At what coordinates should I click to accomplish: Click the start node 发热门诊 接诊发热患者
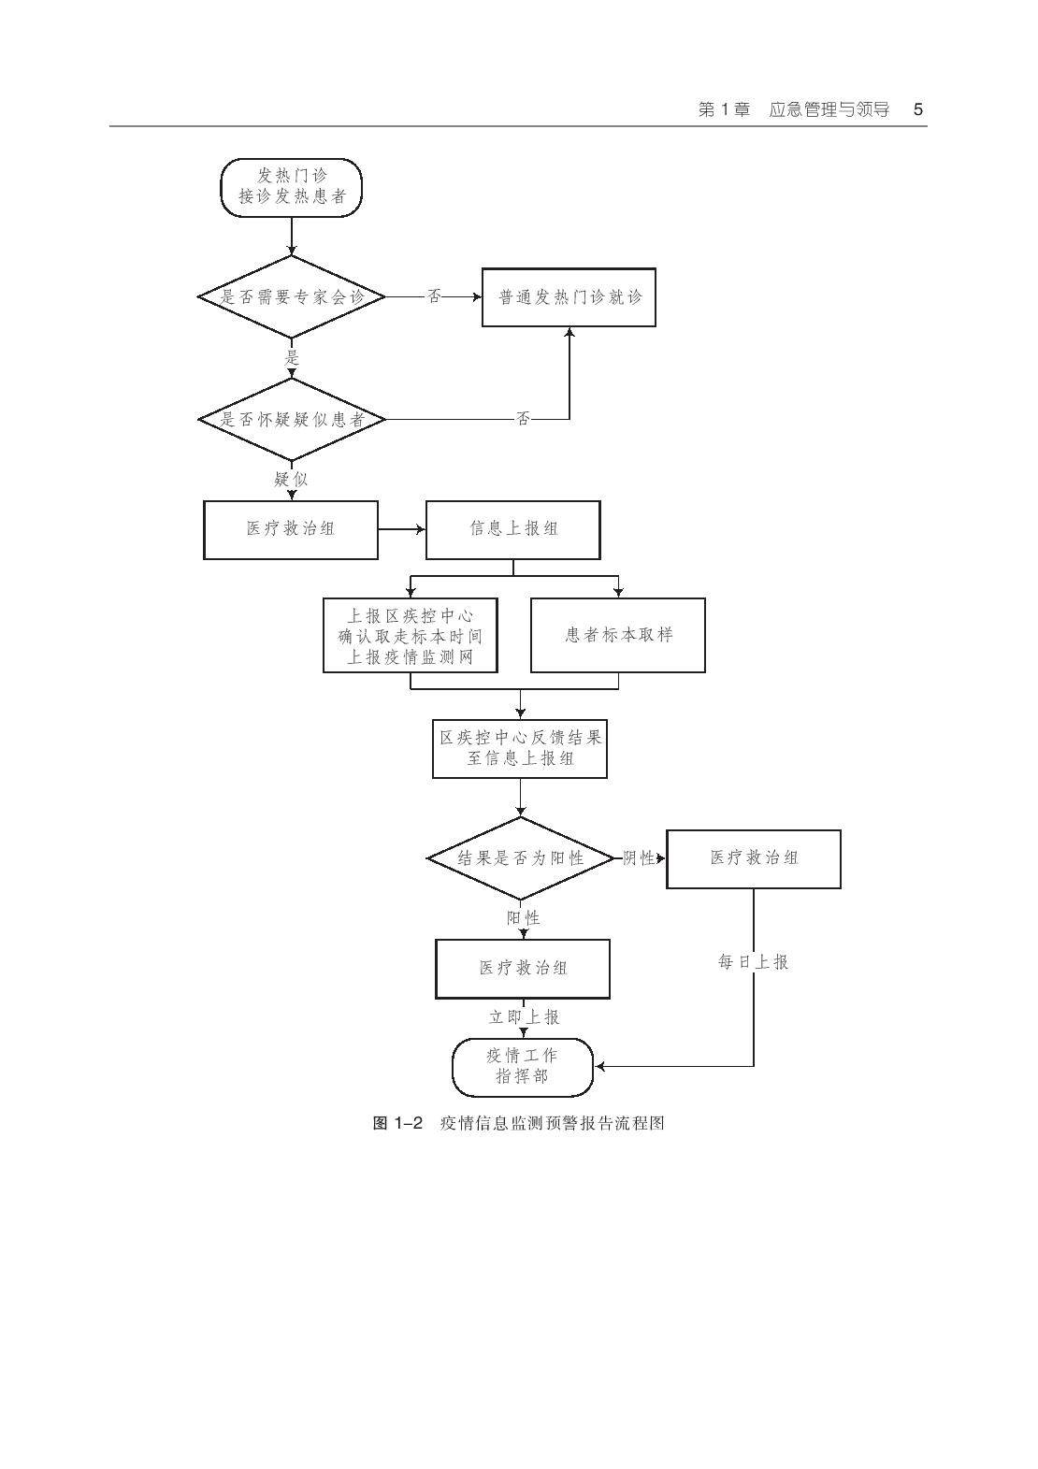(x=291, y=187)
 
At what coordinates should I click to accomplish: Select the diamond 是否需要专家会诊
(x=292, y=297)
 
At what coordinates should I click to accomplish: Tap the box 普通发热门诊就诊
(x=569, y=297)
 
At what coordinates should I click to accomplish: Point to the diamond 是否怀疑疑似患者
(x=292, y=419)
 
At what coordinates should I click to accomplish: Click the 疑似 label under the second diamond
(x=291, y=480)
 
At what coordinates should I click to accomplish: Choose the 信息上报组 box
(x=512, y=529)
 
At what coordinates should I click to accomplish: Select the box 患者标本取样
(x=617, y=635)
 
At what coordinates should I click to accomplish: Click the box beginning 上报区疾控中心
(x=410, y=635)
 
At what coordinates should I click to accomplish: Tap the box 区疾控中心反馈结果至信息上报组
(x=520, y=748)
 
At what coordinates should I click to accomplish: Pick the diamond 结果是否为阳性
(x=520, y=857)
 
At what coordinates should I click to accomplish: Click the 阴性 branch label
(x=639, y=857)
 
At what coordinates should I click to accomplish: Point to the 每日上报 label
(x=753, y=961)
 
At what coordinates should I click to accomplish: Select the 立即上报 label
(x=524, y=1016)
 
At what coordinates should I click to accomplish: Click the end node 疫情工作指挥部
(x=522, y=1066)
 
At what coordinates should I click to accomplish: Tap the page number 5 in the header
(x=918, y=109)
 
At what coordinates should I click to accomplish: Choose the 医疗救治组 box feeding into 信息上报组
(x=291, y=529)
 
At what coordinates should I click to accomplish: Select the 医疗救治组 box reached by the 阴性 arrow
(x=753, y=858)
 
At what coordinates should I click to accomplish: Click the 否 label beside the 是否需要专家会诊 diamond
(x=434, y=296)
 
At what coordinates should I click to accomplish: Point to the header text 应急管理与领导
(x=829, y=109)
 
